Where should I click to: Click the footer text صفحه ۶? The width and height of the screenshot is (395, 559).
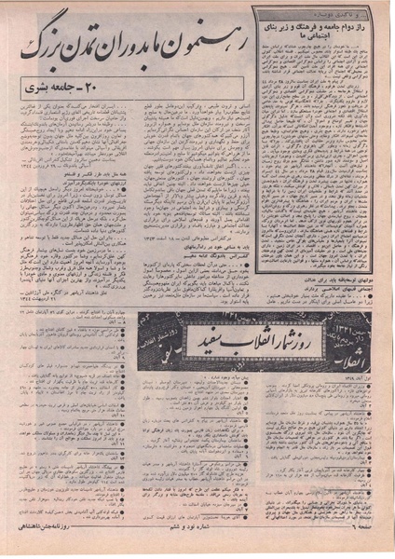(370, 549)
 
